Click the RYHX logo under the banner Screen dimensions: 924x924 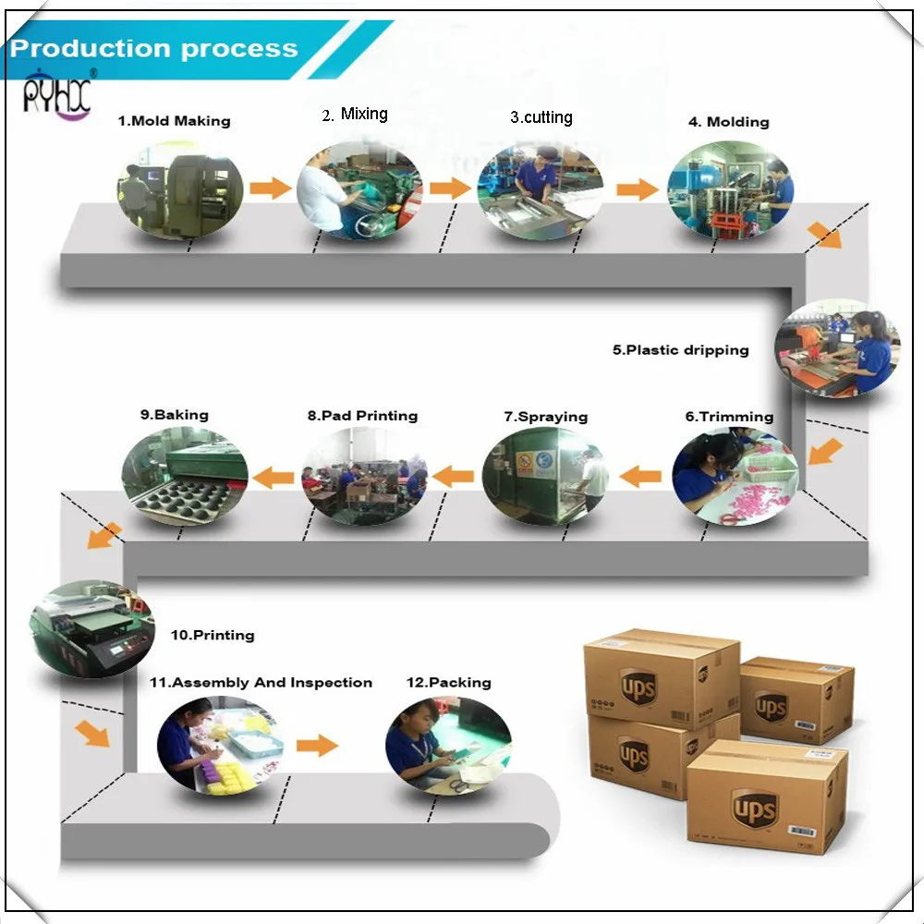(x=57, y=94)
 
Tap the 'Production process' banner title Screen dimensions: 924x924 (x=154, y=48)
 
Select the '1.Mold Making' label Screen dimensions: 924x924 (x=174, y=121)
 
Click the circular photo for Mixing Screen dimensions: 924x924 (x=359, y=189)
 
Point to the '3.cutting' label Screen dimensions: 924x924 (x=541, y=117)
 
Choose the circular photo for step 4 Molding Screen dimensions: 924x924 (x=731, y=189)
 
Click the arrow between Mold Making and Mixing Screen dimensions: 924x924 (x=271, y=188)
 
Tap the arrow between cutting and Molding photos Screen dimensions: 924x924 (x=638, y=189)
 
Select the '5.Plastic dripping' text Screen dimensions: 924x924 (x=681, y=350)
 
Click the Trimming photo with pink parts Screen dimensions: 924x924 (x=736, y=476)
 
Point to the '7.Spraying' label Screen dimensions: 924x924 (x=546, y=417)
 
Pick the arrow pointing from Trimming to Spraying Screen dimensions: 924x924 (x=640, y=476)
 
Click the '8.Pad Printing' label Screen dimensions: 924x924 (x=362, y=416)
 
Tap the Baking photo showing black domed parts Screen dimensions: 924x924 (x=185, y=476)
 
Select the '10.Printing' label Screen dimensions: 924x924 (x=213, y=635)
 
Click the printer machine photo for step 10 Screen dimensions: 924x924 (x=91, y=628)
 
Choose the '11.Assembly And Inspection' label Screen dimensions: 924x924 (x=261, y=683)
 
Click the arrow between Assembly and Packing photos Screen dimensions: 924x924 (x=317, y=745)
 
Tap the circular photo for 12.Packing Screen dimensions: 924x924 (x=448, y=745)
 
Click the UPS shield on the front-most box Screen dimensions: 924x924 (x=755, y=808)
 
